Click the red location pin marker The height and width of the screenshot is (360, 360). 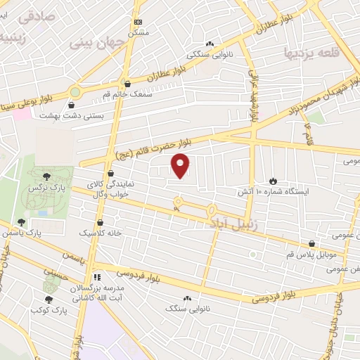click(181, 166)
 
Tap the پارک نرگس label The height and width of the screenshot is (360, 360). click(41, 190)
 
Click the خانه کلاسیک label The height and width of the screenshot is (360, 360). click(101, 232)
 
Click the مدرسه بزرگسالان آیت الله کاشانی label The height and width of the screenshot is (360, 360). click(96, 294)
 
